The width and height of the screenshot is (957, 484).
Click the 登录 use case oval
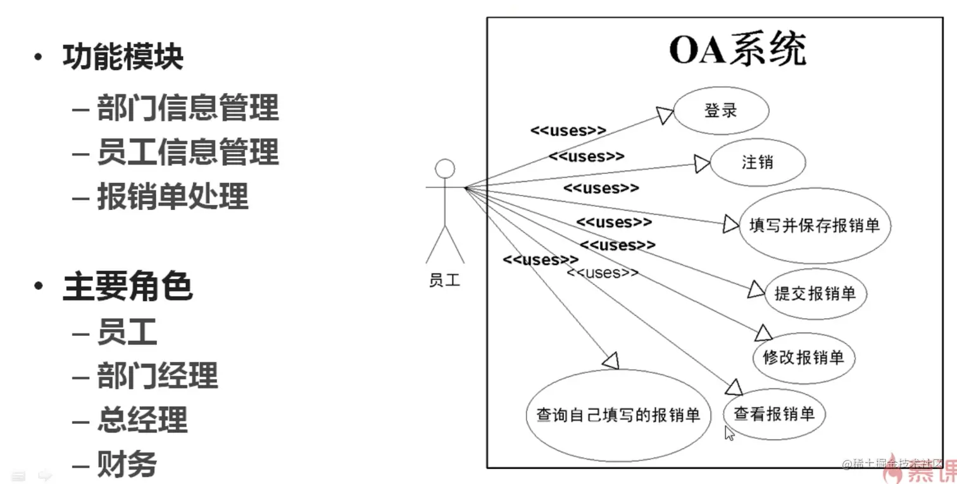721,111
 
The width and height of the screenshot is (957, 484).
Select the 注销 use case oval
757,163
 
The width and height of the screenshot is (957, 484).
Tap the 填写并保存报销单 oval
815,226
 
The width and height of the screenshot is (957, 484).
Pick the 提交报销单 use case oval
815,293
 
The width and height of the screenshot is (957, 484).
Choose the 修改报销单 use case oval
803,357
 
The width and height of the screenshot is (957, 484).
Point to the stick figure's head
446,169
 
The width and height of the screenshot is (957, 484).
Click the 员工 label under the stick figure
444,280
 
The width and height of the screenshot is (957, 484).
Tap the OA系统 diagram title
737,50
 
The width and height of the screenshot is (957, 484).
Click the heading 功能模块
123,57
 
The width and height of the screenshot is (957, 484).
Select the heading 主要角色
127,287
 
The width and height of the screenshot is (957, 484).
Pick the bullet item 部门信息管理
187,108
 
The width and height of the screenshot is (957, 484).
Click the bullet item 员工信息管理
187,152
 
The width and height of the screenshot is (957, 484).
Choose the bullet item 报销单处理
172,196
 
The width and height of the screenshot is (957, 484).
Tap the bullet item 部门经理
157,376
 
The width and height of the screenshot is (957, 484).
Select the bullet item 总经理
142,419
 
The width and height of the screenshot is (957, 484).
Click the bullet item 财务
127,464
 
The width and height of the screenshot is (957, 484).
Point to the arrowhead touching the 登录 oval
665,115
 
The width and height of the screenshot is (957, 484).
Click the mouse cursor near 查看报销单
729,433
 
